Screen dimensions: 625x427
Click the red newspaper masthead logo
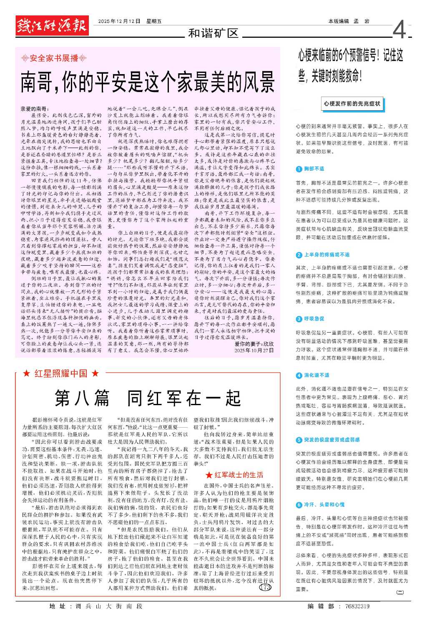click(52, 26)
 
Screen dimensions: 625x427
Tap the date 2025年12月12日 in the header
click(120, 21)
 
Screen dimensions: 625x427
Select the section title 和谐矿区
click(213, 33)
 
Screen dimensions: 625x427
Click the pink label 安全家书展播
click(54, 58)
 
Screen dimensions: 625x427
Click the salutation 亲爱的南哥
click(35, 109)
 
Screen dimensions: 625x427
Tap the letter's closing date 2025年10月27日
click(254, 351)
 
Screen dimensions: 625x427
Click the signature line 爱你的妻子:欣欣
click(254, 344)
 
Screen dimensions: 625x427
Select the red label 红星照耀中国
click(61, 374)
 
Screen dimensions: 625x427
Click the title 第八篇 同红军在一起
click(148, 398)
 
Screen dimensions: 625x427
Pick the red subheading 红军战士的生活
click(235, 475)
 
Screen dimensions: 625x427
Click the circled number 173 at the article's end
click(265, 588)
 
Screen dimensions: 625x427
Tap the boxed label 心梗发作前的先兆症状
click(352, 104)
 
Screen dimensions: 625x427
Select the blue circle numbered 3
click(299, 319)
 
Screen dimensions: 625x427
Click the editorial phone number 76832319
click(357, 606)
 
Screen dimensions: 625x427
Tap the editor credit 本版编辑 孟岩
click(349, 21)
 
